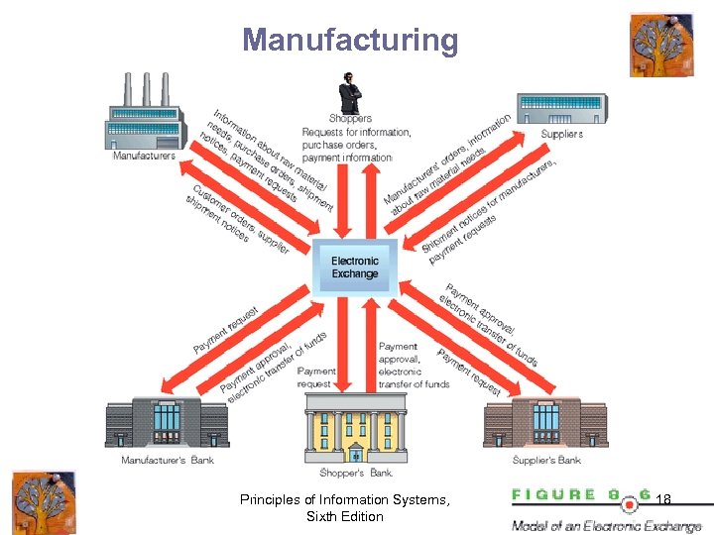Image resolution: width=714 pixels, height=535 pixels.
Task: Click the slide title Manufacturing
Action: pyautogui.click(x=350, y=41)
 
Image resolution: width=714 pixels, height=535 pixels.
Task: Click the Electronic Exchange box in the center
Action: pyautogui.click(x=354, y=267)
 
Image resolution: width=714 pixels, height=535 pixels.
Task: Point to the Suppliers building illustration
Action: pyautogui.click(x=560, y=109)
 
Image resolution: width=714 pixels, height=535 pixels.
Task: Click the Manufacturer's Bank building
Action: pyautogui.click(x=167, y=423)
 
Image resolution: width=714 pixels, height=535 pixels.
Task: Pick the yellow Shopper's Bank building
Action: pyautogui.click(x=354, y=427)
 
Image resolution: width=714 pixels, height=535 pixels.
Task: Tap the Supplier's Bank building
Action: pyautogui.click(x=545, y=423)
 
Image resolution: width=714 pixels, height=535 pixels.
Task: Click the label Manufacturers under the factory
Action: pyautogui.click(x=144, y=156)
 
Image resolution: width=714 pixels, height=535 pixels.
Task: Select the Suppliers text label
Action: pyautogui.click(x=561, y=134)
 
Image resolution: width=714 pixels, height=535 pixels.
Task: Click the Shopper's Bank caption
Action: pyautogui.click(x=354, y=473)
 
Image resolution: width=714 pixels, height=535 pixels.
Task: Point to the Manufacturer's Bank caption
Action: pyautogui.click(x=168, y=460)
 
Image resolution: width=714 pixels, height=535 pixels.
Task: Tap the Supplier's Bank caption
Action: pyautogui.click(x=546, y=460)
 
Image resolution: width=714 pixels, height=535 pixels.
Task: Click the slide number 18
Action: pyautogui.click(x=663, y=500)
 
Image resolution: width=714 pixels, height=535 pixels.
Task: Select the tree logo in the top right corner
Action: pyautogui.click(x=660, y=45)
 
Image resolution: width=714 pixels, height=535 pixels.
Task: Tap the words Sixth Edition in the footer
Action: pyautogui.click(x=344, y=516)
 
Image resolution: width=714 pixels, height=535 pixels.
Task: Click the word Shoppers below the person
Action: pyautogui.click(x=350, y=119)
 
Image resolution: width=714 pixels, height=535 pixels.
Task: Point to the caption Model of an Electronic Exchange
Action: pyautogui.click(x=606, y=526)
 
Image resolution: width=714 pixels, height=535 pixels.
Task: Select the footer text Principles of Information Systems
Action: pyautogui.click(x=344, y=499)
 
